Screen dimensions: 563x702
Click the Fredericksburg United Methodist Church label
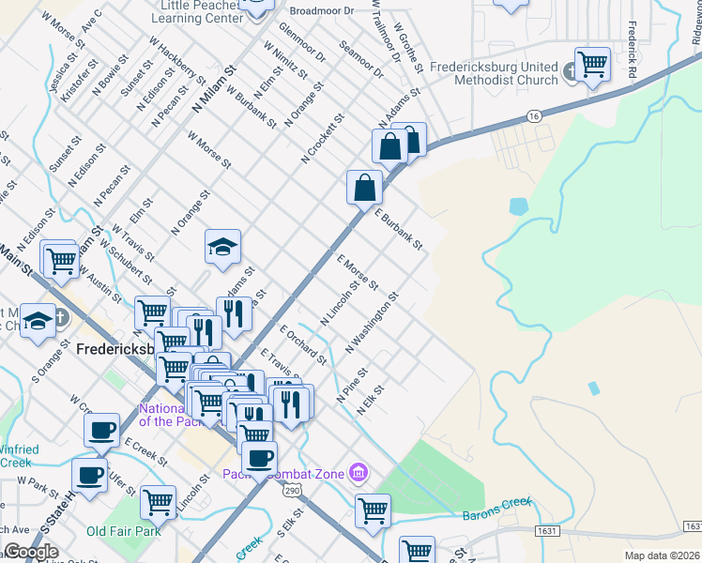click(494, 73)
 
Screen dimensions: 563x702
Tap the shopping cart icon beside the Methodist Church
click(592, 65)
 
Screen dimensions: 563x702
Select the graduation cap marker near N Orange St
click(223, 247)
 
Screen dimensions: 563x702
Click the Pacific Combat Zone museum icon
click(358, 472)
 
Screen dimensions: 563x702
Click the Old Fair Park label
click(124, 532)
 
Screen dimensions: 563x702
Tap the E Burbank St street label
click(399, 229)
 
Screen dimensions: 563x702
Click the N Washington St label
click(373, 322)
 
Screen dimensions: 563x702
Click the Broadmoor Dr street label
click(321, 11)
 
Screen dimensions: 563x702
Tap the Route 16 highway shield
click(534, 114)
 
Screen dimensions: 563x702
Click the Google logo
click(31, 552)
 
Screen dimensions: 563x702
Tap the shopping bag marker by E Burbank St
click(364, 187)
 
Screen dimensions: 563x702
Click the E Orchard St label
click(303, 343)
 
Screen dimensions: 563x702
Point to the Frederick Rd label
click(633, 51)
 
